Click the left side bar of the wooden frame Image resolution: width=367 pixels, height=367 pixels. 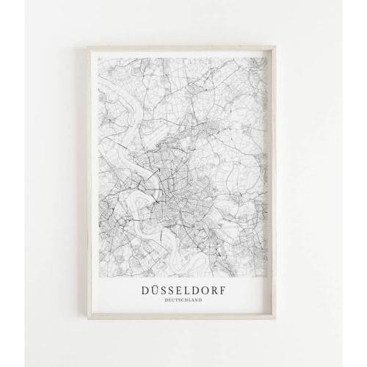90,183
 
